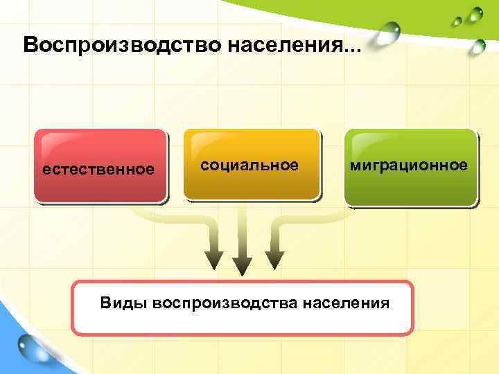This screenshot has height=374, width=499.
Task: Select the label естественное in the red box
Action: click(x=98, y=169)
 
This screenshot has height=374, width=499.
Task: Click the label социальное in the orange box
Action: click(x=249, y=165)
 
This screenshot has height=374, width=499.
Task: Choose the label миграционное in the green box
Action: click(x=408, y=165)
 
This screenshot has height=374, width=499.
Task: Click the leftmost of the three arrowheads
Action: click(x=213, y=258)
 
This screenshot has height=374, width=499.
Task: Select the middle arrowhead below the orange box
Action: click(x=242, y=265)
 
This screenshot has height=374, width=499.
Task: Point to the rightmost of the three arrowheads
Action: click(x=275, y=258)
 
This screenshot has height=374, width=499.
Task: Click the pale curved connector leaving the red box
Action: click(x=173, y=215)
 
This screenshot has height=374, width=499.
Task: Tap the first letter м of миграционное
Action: click(x=354, y=165)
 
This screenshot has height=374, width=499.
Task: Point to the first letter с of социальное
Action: click(x=204, y=165)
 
